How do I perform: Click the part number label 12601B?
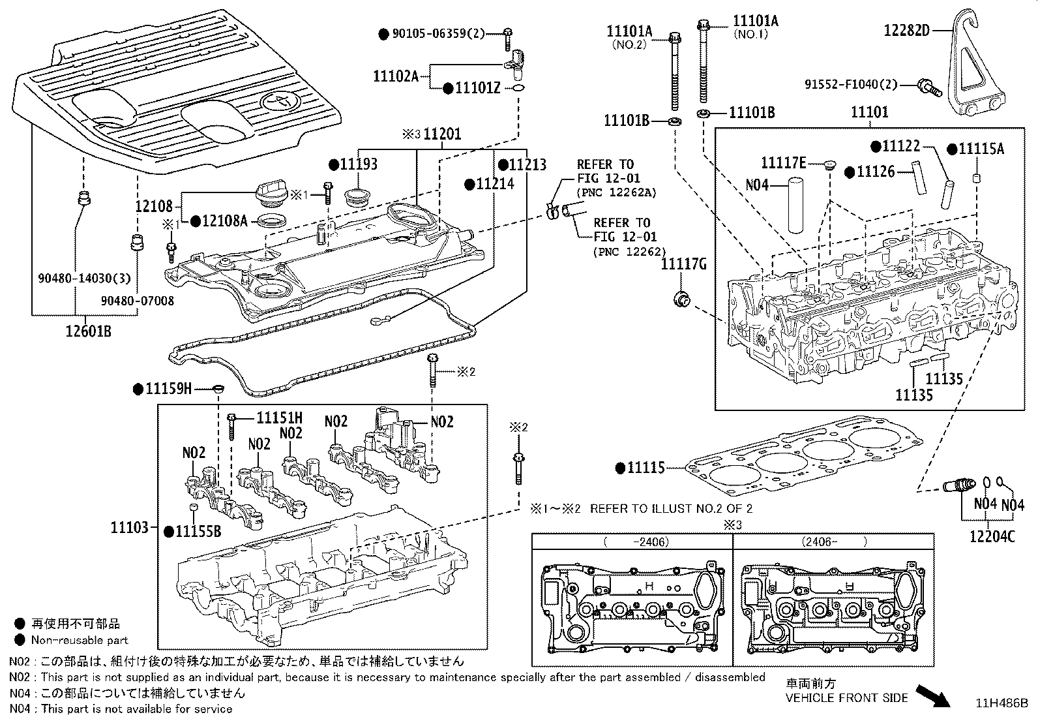[89, 331]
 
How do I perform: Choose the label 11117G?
[683, 264]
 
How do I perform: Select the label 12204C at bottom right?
[992, 536]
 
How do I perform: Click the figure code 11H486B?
[1001, 703]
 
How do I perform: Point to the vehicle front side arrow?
[933, 694]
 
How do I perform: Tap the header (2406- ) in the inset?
[834, 542]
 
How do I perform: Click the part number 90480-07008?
[138, 301]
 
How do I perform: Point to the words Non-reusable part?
[80, 641]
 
